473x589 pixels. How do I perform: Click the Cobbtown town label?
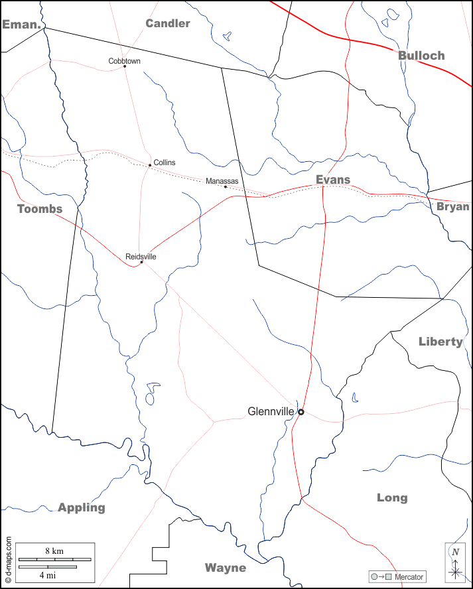(x=124, y=61)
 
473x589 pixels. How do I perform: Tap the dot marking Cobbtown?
(x=125, y=66)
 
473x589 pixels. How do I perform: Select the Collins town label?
(x=165, y=163)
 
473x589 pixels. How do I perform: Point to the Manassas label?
(x=222, y=181)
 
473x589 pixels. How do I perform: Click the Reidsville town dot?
(x=141, y=262)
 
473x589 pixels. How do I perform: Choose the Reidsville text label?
(x=141, y=257)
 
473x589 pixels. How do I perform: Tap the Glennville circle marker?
(x=301, y=412)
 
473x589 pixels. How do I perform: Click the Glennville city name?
(x=271, y=411)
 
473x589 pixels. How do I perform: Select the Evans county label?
(x=333, y=180)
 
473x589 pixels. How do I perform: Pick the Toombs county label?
(x=40, y=209)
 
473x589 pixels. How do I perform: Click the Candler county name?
(x=168, y=24)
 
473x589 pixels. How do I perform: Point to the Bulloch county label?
(x=421, y=56)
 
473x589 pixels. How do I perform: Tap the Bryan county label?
(x=453, y=206)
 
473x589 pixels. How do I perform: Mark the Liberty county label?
(x=440, y=342)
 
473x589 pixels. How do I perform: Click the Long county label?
(x=392, y=497)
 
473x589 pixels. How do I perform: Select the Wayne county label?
(x=226, y=568)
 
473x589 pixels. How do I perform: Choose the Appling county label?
(x=82, y=507)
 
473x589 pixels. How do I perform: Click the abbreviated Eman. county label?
(x=22, y=25)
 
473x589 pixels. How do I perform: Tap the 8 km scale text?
(x=54, y=551)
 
